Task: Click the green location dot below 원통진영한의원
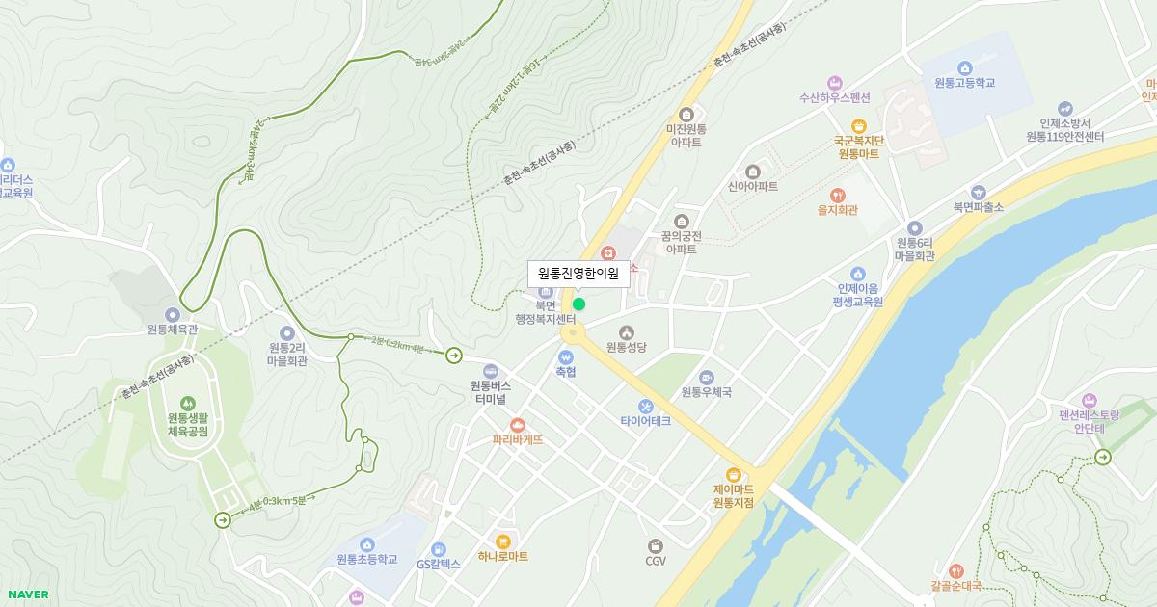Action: coord(578,303)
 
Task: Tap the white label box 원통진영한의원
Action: coord(578,274)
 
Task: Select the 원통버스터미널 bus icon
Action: coord(490,371)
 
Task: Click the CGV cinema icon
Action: coord(656,545)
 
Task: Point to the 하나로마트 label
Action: coord(502,557)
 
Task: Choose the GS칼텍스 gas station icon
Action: coord(439,548)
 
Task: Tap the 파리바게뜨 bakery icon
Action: coord(518,424)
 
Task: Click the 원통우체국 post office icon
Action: coord(707,377)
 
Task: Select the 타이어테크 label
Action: coord(645,421)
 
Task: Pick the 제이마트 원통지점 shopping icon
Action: coord(734,474)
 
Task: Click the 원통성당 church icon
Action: coord(626,331)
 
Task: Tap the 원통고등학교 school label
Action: coord(964,83)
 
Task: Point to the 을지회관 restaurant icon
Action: coord(837,195)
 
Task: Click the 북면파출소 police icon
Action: coord(979,192)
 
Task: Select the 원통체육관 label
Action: coord(173,329)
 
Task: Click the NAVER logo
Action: coord(26,594)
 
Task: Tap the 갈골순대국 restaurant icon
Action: coord(955,569)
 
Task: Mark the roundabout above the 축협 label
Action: coord(573,333)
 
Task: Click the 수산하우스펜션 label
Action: coord(834,97)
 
